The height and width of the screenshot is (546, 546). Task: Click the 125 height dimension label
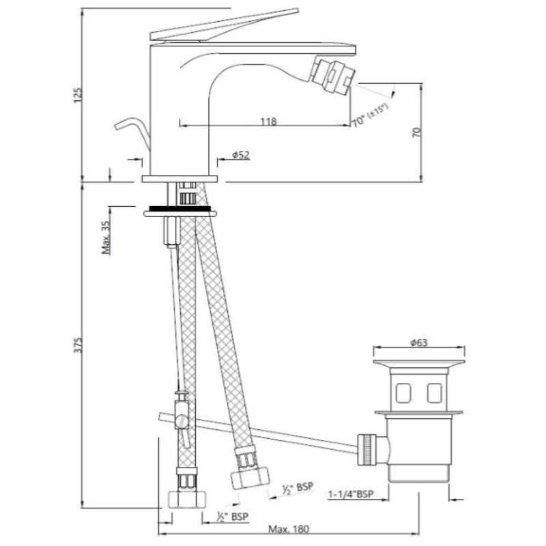point(78,95)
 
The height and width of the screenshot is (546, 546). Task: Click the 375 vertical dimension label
point(78,345)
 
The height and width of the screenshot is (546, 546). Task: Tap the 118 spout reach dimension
point(268,121)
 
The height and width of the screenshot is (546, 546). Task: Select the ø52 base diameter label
point(241,155)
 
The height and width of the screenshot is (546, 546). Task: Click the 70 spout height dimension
point(417,132)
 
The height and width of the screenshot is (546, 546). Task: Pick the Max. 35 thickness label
point(106,238)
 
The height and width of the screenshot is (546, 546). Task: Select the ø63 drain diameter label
point(419,343)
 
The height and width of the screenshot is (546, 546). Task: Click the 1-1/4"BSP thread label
point(351,493)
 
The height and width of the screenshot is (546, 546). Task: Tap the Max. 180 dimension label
point(288,530)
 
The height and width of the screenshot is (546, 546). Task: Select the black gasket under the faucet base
point(179,209)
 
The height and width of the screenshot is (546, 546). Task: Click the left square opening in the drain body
point(403,393)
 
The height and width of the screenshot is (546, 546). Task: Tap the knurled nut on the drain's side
point(367,449)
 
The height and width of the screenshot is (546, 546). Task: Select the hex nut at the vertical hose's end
point(187,499)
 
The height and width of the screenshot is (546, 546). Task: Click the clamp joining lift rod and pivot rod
point(181,411)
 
